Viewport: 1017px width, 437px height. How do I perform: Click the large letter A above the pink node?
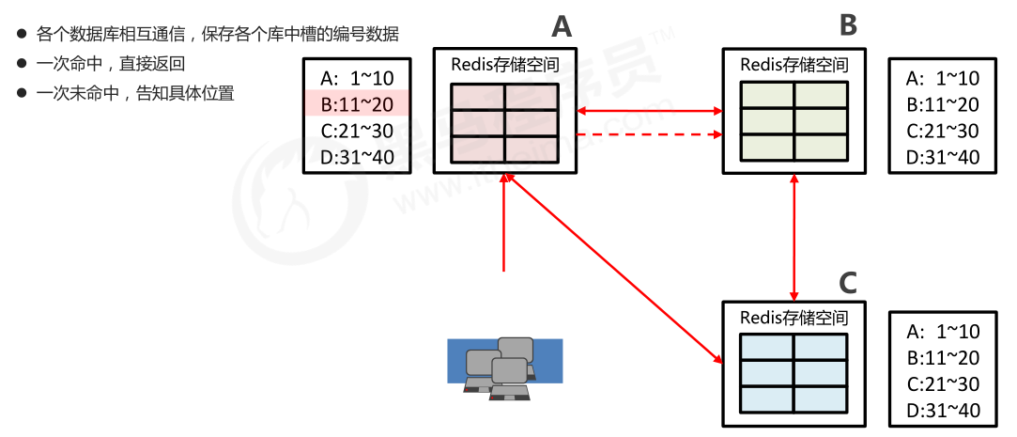tap(561, 26)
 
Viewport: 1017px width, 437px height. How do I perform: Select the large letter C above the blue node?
tap(847, 283)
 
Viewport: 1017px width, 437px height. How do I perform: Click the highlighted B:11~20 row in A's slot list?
tap(357, 103)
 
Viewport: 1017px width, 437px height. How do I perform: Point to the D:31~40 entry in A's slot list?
tap(357, 156)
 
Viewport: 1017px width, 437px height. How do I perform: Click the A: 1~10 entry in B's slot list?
tap(943, 78)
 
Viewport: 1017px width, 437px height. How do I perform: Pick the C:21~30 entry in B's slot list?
tap(943, 131)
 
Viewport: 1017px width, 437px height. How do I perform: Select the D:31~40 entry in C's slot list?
tap(943, 410)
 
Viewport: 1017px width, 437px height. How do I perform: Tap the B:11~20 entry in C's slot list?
tap(943, 357)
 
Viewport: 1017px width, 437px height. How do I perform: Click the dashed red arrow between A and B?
tap(648, 134)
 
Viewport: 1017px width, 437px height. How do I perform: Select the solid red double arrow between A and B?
tap(648, 111)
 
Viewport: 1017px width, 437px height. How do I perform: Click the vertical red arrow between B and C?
tap(795, 237)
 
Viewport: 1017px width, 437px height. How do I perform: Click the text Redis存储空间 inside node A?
tap(505, 65)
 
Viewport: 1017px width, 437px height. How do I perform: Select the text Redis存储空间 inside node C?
tap(794, 318)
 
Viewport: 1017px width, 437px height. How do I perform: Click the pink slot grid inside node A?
tap(505, 122)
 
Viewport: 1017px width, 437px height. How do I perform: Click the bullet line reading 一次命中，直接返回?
tap(111, 64)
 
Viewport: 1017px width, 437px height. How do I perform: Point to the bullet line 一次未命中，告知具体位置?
tap(134, 93)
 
